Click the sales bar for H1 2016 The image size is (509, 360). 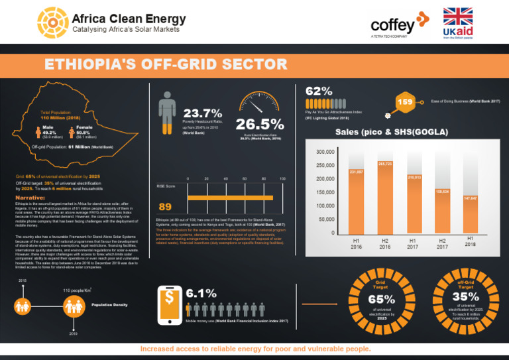click(356, 202)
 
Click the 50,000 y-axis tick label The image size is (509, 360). click(322, 219)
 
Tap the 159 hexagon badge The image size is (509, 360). click(405, 102)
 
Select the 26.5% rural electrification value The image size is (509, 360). click(259, 124)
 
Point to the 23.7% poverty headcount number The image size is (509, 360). click(202, 113)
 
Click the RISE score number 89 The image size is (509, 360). click(165, 206)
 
